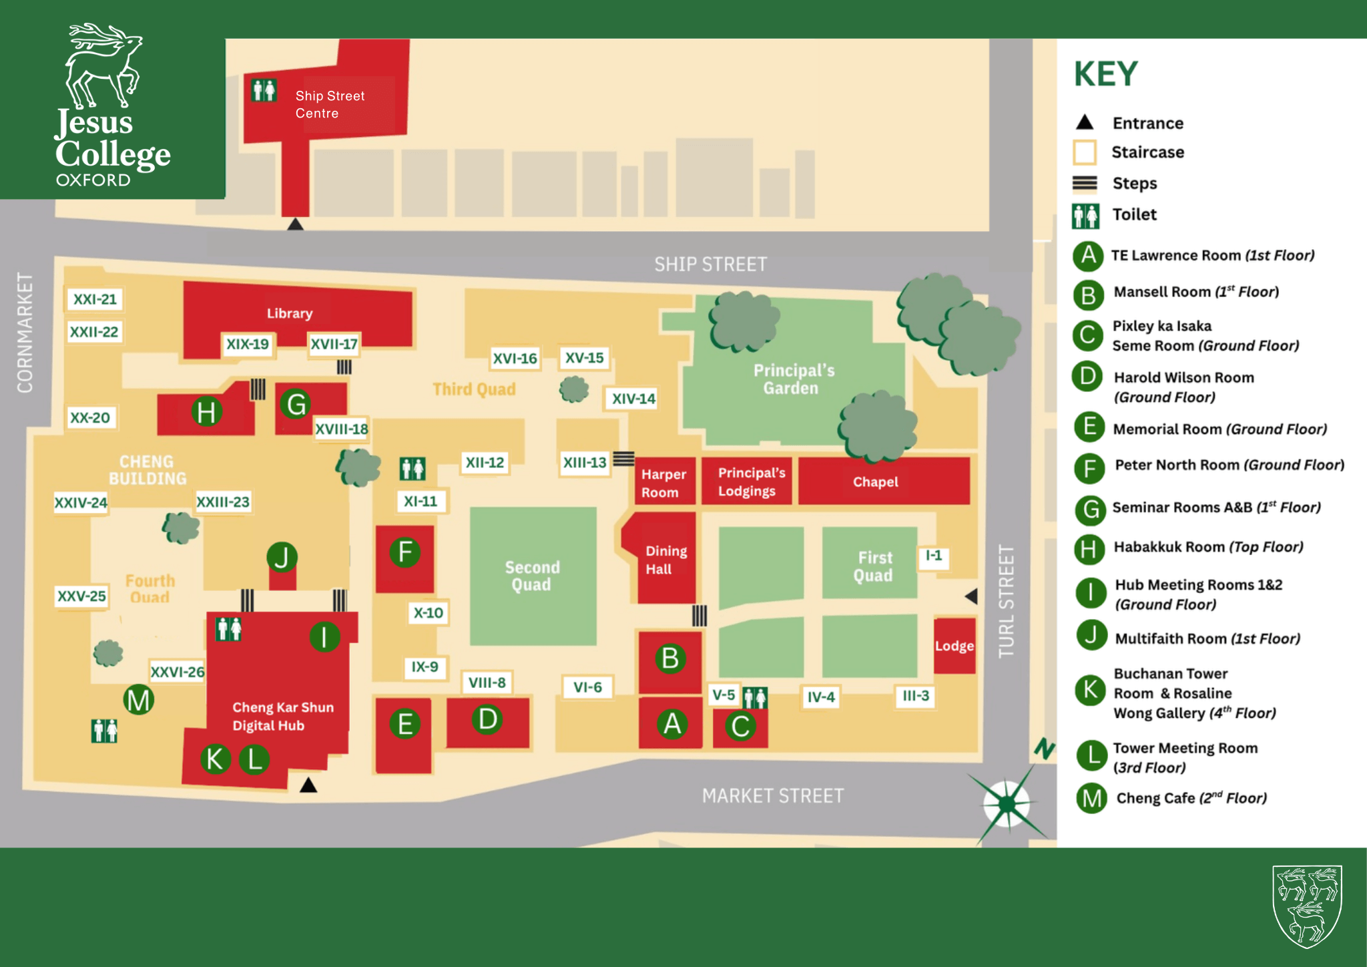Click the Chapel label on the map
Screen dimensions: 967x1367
point(875,481)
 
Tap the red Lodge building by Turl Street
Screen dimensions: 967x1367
point(954,645)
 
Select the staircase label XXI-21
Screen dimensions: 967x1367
point(95,299)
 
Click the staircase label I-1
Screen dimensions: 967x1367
point(933,556)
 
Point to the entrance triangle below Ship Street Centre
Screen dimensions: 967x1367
point(295,224)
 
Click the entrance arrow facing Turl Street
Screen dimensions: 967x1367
point(972,596)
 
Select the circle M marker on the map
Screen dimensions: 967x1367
point(139,700)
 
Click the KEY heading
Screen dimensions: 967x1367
point(1105,74)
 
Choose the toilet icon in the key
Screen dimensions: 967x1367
point(1085,216)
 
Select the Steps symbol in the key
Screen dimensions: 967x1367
point(1085,184)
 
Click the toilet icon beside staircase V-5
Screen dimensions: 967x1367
point(755,698)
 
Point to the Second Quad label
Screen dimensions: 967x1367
point(532,576)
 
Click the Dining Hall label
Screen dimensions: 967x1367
point(665,560)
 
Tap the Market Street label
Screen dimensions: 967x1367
point(772,796)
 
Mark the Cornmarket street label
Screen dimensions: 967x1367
point(25,332)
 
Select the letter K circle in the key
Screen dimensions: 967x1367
point(1091,689)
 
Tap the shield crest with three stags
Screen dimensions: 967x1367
point(1307,906)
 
